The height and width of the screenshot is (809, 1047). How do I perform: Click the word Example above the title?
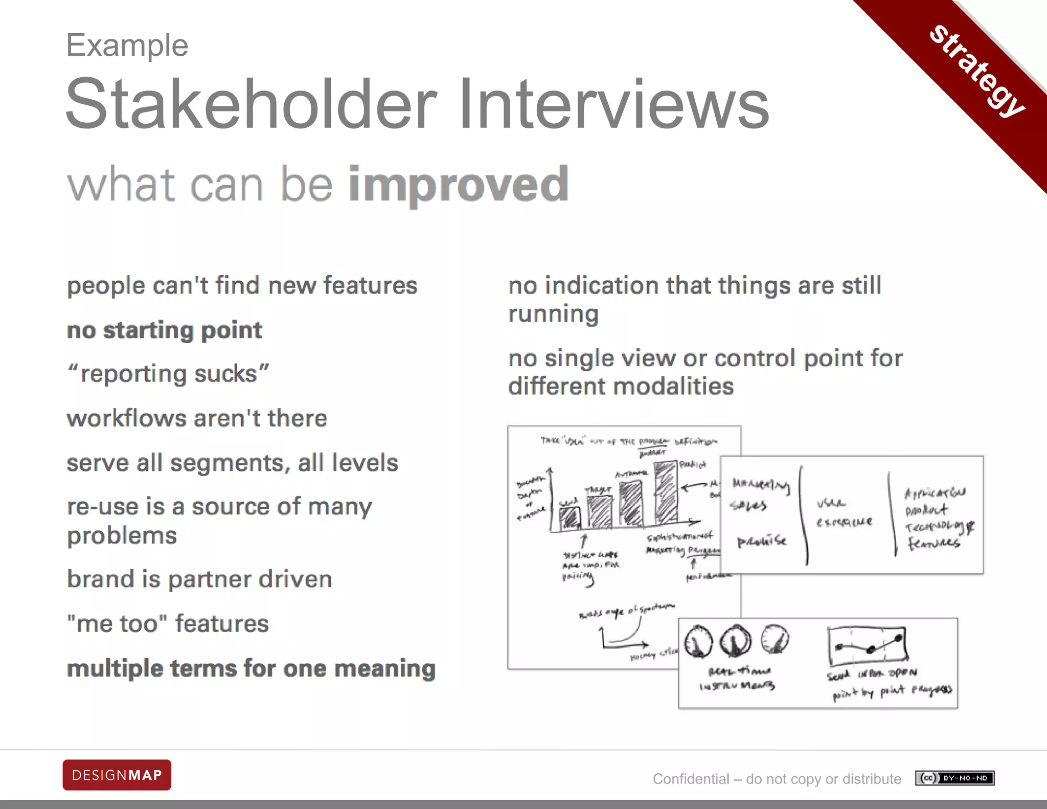click(127, 46)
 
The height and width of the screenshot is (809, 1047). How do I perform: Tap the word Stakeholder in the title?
click(251, 104)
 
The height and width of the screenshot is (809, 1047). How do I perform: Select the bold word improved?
click(458, 184)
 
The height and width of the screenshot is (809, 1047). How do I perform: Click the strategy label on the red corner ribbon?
click(977, 70)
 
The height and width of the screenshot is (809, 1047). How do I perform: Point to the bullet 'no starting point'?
click(165, 330)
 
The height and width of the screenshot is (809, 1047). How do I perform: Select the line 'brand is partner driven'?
click(199, 579)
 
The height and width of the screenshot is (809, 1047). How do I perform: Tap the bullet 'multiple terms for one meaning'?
click(251, 669)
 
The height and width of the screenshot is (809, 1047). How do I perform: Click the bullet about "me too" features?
click(168, 624)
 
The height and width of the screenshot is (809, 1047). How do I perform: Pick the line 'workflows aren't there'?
click(197, 418)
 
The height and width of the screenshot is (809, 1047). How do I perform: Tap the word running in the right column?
click(553, 314)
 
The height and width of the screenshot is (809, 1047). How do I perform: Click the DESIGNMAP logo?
click(117, 775)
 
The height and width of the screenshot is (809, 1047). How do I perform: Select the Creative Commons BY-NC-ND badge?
click(954, 778)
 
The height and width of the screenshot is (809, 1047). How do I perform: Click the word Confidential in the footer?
click(691, 779)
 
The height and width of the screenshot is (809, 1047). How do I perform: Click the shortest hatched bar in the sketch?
click(570, 517)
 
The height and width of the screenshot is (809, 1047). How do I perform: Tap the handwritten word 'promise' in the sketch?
click(761, 542)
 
